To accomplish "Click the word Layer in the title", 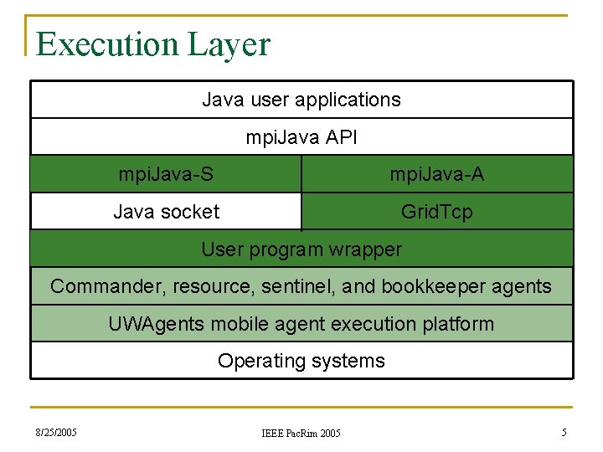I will pyautogui.click(x=229, y=44).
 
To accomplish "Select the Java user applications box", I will pyautogui.click(x=301, y=100).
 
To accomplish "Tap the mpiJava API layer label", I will pyautogui.click(x=301, y=137).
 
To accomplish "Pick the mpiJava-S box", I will pyautogui.click(x=166, y=174).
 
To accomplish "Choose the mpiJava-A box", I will pyautogui.click(x=436, y=174).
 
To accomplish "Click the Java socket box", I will pyautogui.click(x=166, y=212).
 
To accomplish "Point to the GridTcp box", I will pyautogui.click(x=436, y=212).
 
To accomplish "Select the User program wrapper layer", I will pyautogui.click(x=301, y=249).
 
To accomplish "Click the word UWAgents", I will pyautogui.click(x=150, y=324).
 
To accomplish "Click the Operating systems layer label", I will pyautogui.click(x=301, y=361).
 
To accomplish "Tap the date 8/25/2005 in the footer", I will pyautogui.click(x=56, y=433).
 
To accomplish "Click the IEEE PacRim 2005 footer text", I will pyautogui.click(x=301, y=433).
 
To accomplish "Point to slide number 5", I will pyautogui.click(x=564, y=433).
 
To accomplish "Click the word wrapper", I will pyautogui.click(x=366, y=249).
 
